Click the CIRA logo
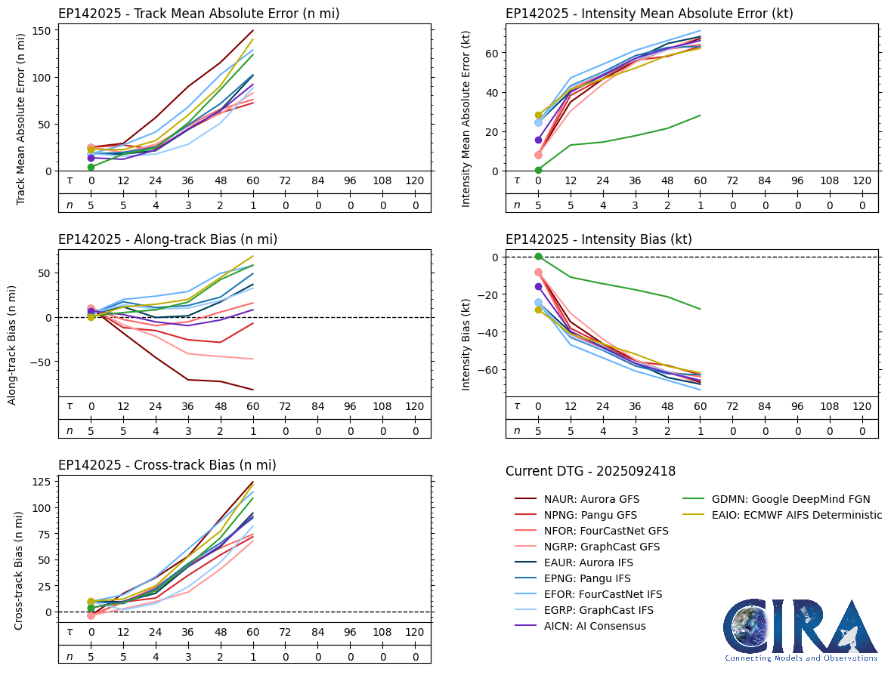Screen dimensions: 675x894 801,630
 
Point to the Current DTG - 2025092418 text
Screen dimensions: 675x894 590,471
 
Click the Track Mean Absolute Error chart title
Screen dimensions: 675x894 199,14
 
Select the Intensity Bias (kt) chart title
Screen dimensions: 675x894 599,239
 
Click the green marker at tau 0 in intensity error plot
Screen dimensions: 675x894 538,170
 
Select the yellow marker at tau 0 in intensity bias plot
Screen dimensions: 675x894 538,310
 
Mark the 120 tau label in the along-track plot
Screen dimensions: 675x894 414,406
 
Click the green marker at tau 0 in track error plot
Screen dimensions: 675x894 91,167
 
